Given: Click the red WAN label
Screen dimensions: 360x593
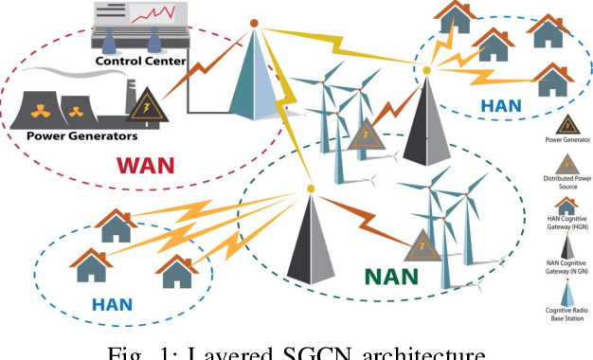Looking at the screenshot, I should (x=148, y=166).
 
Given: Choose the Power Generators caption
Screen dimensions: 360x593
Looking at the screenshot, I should (x=82, y=135).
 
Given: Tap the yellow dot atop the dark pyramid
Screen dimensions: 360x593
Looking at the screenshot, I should (x=312, y=189).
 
